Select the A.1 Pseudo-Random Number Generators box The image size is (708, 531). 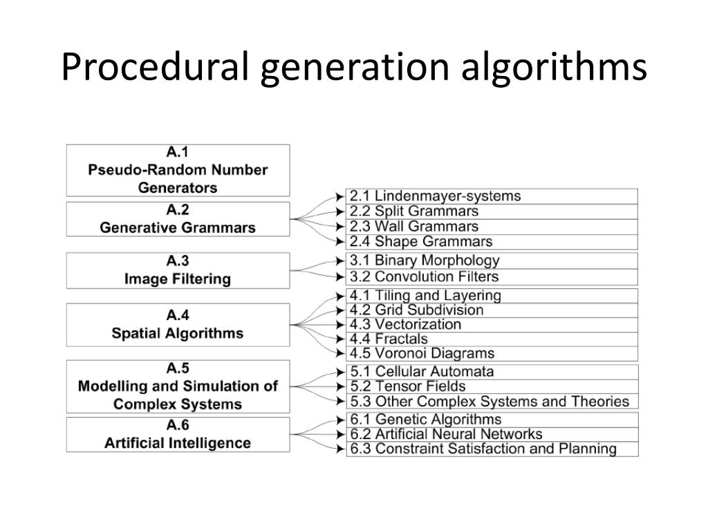pyautogui.click(x=178, y=170)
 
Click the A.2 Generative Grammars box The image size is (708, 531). pyautogui.click(x=178, y=219)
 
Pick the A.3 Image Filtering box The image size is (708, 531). pyautogui.click(x=178, y=270)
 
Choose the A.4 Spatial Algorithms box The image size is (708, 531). pyautogui.click(x=178, y=324)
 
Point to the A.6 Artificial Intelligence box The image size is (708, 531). pyautogui.click(x=178, y=435)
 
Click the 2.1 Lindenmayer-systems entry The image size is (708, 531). pyautogui.click(x=435, y=196)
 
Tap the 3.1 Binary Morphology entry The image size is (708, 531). pyautogui.click(x=424, y=261)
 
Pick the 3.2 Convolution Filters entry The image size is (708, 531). pyautogui.click(x=424, y=277)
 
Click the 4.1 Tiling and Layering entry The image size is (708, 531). pyautogui.click(x=425, y=296)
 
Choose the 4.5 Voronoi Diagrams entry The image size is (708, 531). pyautogui.click(x=422, y=353)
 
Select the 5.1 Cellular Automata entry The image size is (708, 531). pyautogui.click(x=422, y=371)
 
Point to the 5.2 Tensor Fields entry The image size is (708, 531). pyautogui.click(x=407, y=386)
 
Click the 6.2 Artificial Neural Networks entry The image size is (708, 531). pyautogui.click(x=446, y=434)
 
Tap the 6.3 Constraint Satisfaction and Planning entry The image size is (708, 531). pyautogui.click(x=483, y=449)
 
